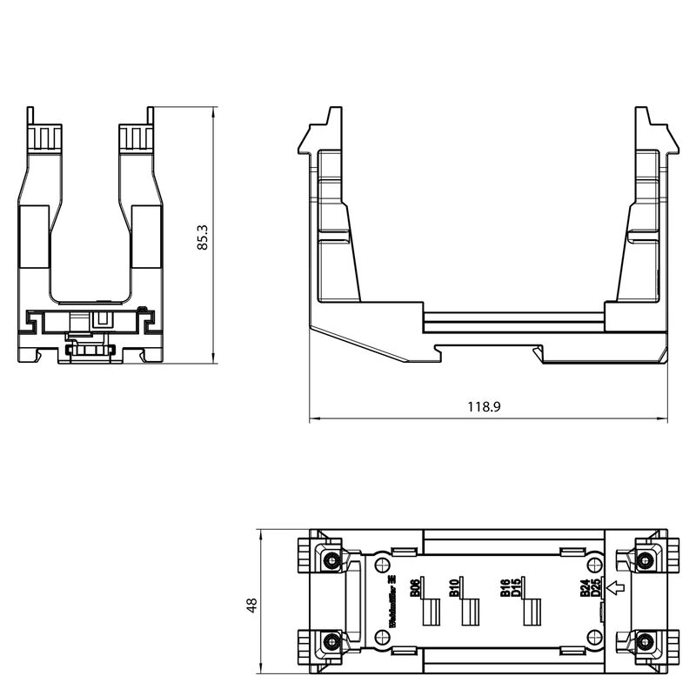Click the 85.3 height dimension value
click(202, 238)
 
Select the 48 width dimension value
click(251, 605)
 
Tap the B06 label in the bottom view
click(415, 587)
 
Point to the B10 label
click(454, 587)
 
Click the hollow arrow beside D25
click(617, 589)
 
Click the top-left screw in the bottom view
click(330, 560)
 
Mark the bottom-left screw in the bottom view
click(330, 642)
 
